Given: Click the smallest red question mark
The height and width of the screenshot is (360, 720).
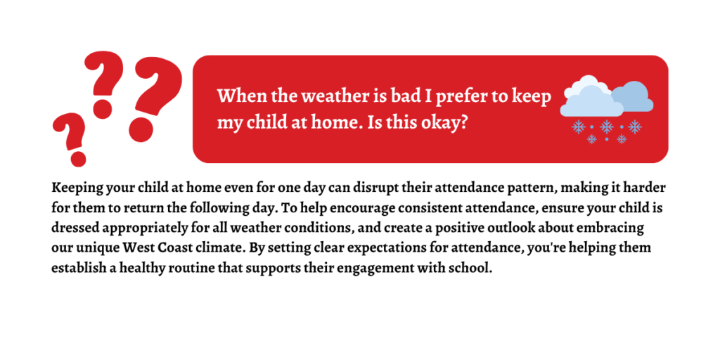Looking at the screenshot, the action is [x=70, y=138].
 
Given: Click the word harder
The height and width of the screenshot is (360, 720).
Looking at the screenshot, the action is [x=645, y=188].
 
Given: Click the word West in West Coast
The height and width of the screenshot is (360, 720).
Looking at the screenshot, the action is [x=136, y=248].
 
